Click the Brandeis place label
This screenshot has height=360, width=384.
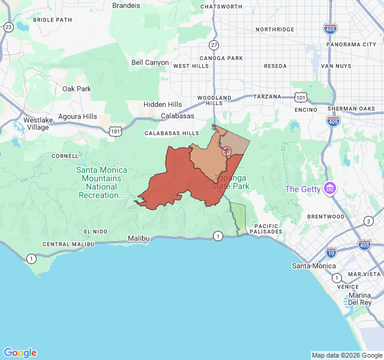126,5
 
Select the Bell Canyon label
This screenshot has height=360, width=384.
150,62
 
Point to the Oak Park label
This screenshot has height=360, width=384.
77,89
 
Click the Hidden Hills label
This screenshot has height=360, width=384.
162,104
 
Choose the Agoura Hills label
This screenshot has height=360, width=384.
77,116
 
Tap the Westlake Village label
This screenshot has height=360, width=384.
37,124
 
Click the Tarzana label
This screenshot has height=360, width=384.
267,97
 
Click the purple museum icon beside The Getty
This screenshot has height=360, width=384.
329,189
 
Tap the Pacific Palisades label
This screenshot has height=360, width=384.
266,229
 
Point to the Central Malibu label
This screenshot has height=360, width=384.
68,244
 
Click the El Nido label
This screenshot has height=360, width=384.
95,232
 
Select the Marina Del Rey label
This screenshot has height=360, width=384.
360,299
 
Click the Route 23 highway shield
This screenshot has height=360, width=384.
8,27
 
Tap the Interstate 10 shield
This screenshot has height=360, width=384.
331,254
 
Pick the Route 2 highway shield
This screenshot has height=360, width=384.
368,221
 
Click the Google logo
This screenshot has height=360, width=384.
20,353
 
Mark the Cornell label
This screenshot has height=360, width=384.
65,156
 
